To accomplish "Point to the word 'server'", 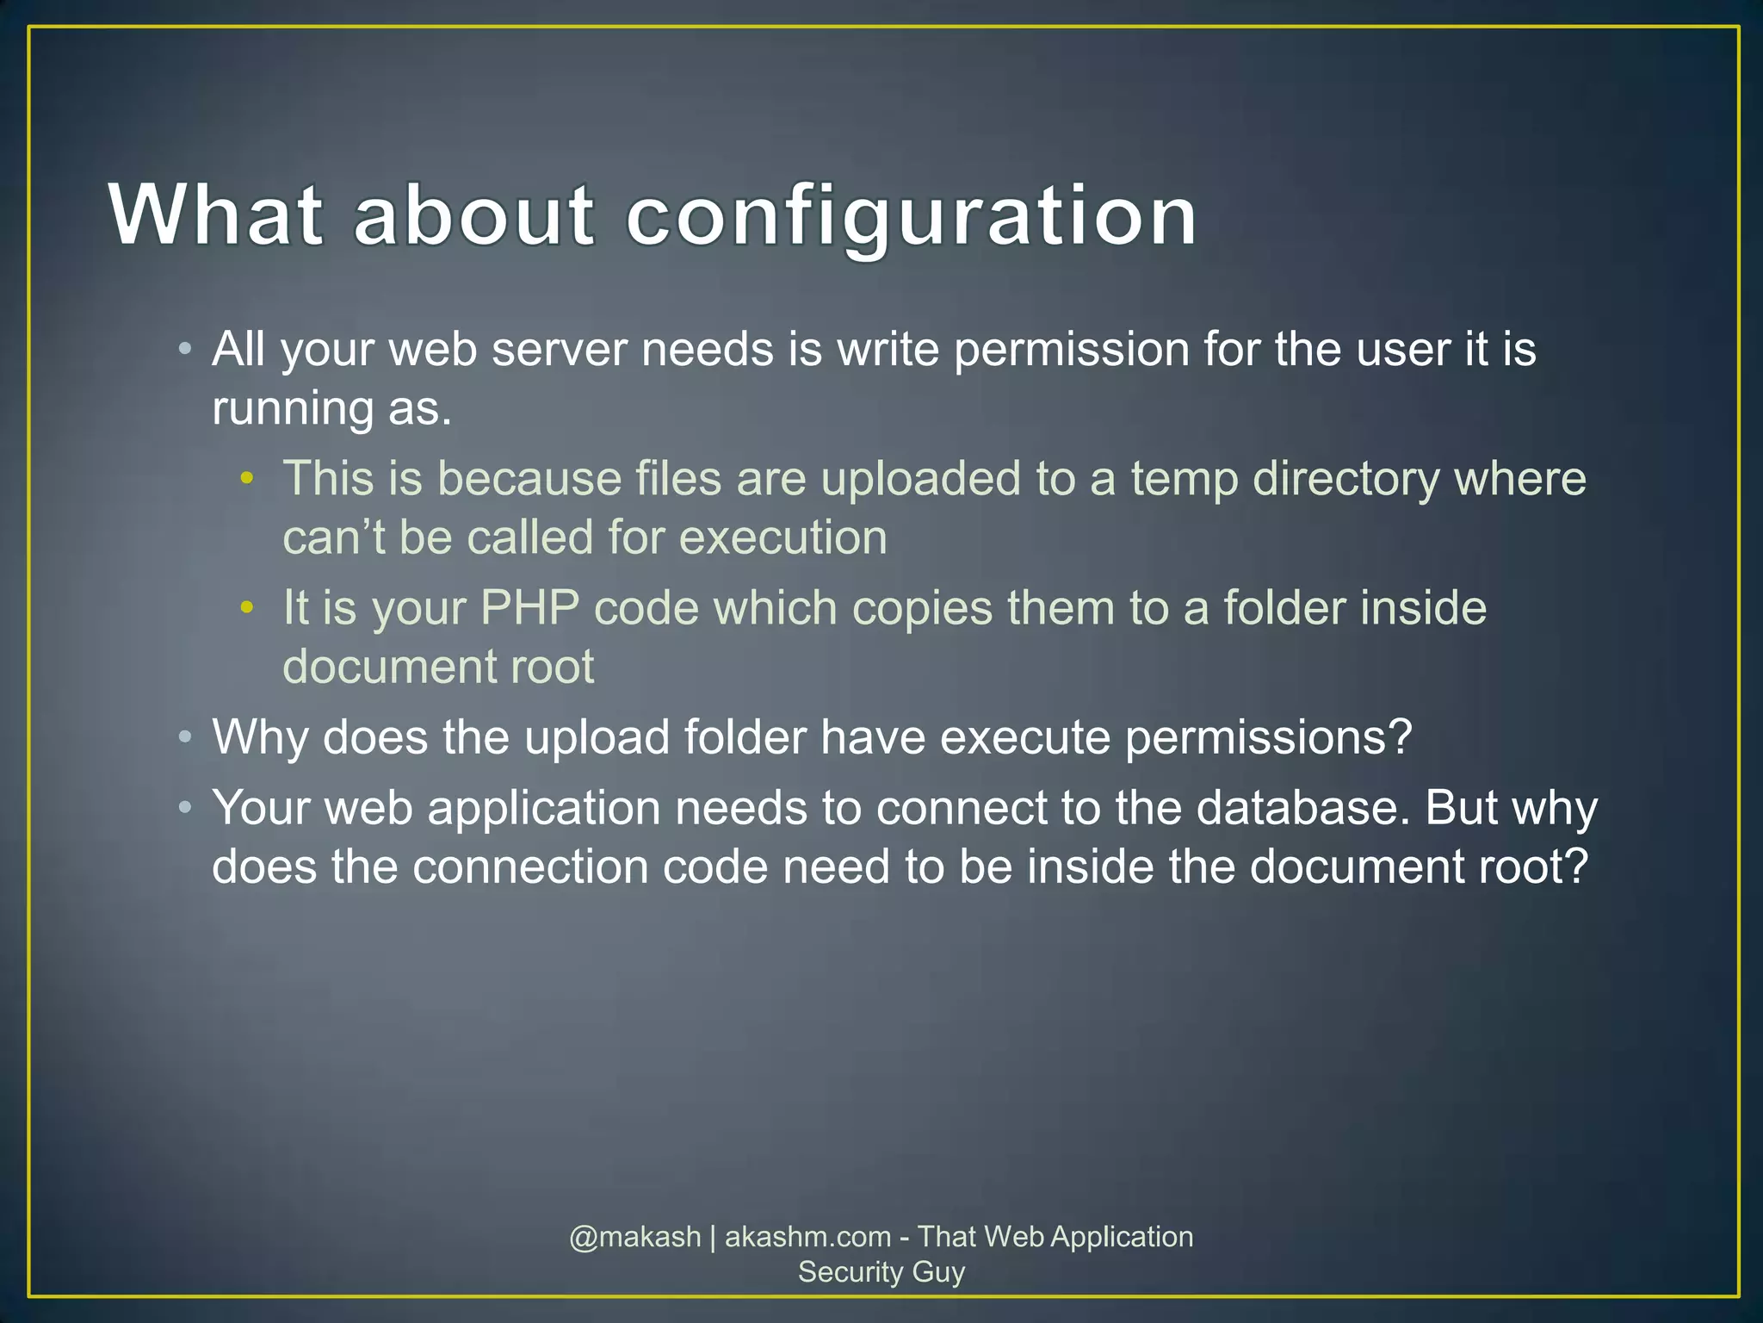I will (x=559, y=350).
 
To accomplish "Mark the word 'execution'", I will (x=783, y=537).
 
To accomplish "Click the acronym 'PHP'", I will (x=529, y=608).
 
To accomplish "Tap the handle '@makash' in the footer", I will (x=635, y=1237).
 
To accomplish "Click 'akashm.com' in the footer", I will (x=807, y=1237).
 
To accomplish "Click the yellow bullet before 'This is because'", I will (x=247, y=478).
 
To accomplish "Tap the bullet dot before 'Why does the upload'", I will (x=184, y=738).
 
